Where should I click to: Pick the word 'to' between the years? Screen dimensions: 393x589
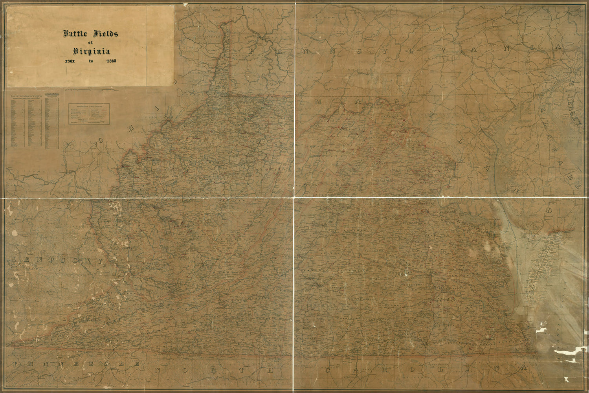coord(91,62)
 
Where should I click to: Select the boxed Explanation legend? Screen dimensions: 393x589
coord(91,114)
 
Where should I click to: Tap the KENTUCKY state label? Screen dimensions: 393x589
coord(57,260)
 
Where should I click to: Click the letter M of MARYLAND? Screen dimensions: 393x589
coord(320,103)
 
